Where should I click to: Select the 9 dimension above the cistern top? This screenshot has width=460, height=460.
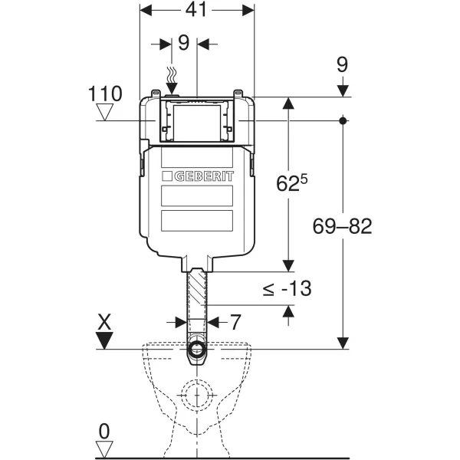point(183,43)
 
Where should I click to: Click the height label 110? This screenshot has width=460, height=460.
point(106,94)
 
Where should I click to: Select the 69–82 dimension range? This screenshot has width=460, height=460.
point(343,226)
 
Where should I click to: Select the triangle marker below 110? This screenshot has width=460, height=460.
point(106,114)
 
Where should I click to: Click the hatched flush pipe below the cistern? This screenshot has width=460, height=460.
point(198,299)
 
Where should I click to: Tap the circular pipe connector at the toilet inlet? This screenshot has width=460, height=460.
point(197,353)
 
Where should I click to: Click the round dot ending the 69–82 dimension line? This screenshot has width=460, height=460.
point(343,120)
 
